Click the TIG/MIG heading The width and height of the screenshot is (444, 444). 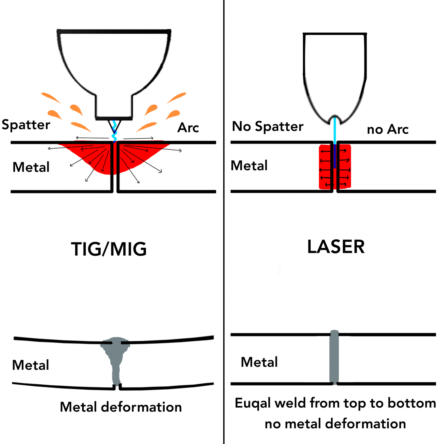point(109,249)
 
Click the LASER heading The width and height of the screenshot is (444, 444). point(336,247)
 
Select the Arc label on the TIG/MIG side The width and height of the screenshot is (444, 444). point(188,128)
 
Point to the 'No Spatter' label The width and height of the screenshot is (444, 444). point(268,127)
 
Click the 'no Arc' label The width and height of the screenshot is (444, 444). point(387,129)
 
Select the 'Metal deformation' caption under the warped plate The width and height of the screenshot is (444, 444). point(121,407)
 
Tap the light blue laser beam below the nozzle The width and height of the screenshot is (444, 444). point(335,132)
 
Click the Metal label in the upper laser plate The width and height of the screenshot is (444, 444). point(249,166)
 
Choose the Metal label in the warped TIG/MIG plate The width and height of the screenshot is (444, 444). point(30,365)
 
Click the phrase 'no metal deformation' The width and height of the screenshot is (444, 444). point(335,424)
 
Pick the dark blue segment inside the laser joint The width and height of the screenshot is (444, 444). point(335,157)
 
